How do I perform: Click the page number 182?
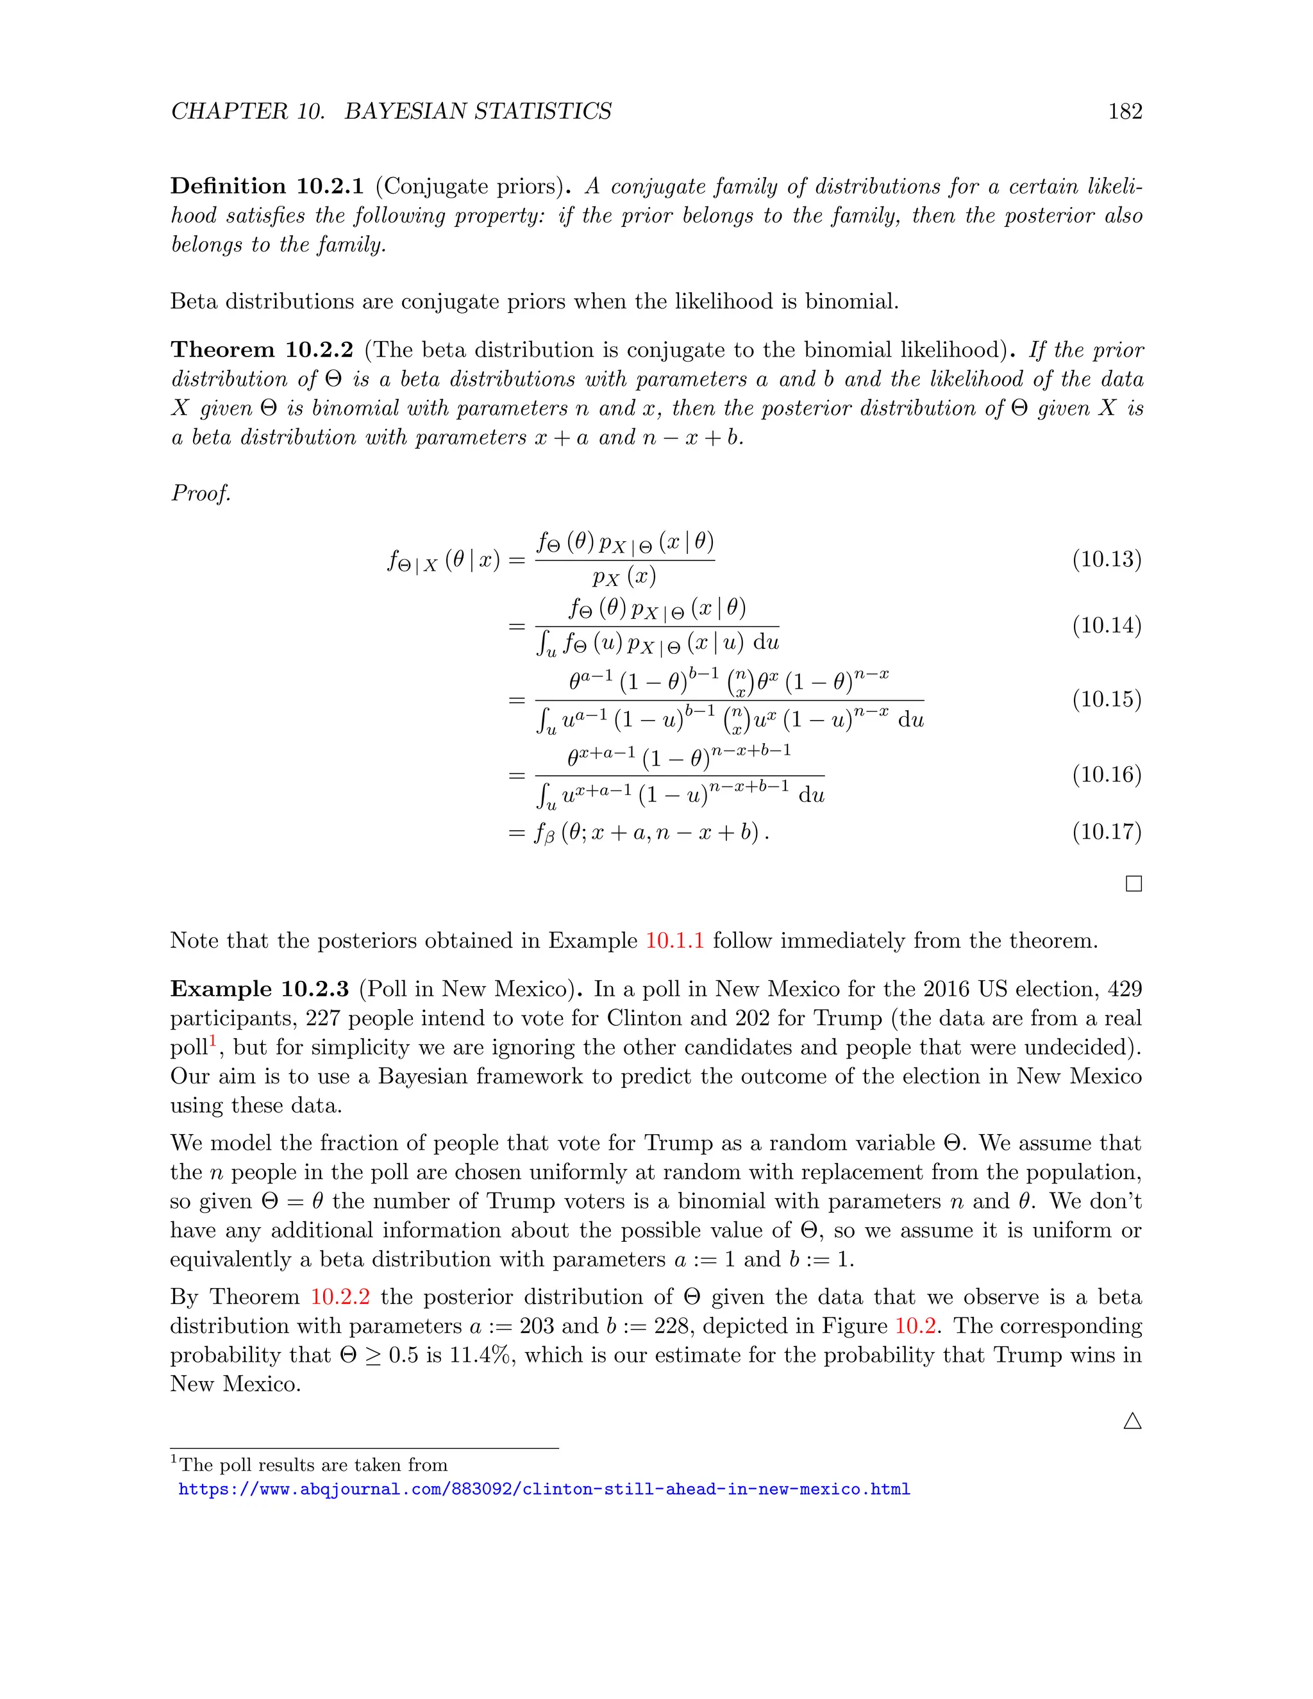1125,112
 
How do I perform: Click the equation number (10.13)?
1106,559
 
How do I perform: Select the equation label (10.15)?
1106,699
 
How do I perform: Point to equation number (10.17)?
1106,832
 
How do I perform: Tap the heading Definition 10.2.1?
267,186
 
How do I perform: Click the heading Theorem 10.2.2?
262,349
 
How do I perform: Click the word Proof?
201,493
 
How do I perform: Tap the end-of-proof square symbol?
1133,883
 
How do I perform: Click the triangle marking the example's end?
1133,1421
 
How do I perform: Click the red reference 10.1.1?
674,941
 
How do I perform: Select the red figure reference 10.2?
915,1326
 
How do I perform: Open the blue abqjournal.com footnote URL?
544,1489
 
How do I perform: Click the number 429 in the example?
1124,989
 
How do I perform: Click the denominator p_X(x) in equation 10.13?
624,577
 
